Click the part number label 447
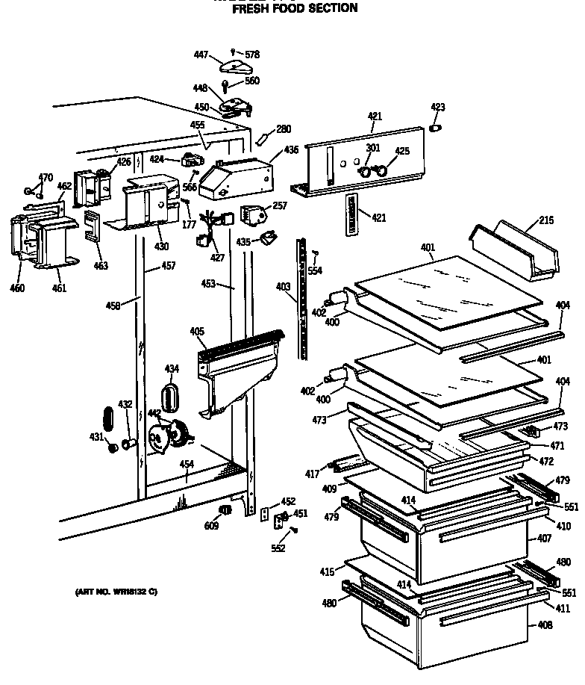(x=201, y=55)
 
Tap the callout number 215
(x=547, y=221)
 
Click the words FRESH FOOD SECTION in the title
(x=295, y=9)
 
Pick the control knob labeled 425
(x=383, y=171)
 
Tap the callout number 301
(x=373, y=148)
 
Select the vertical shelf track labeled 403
(x=302, y=299)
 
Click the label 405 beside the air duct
(x=197, y=332)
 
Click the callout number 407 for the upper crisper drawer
(x=544, y=538)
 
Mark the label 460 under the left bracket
(x=17, y=288)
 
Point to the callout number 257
(x=280, y=205)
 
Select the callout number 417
(x=311, y=473)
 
